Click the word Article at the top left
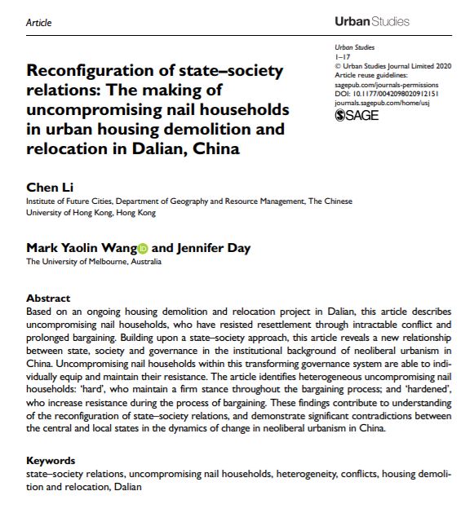coord(38,23)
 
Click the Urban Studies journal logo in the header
coord(372,21)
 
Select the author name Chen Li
coord(44,188)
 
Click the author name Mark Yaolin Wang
coord(80,248)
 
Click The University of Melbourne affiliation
coord(93,262)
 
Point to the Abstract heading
coord(48,298)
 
